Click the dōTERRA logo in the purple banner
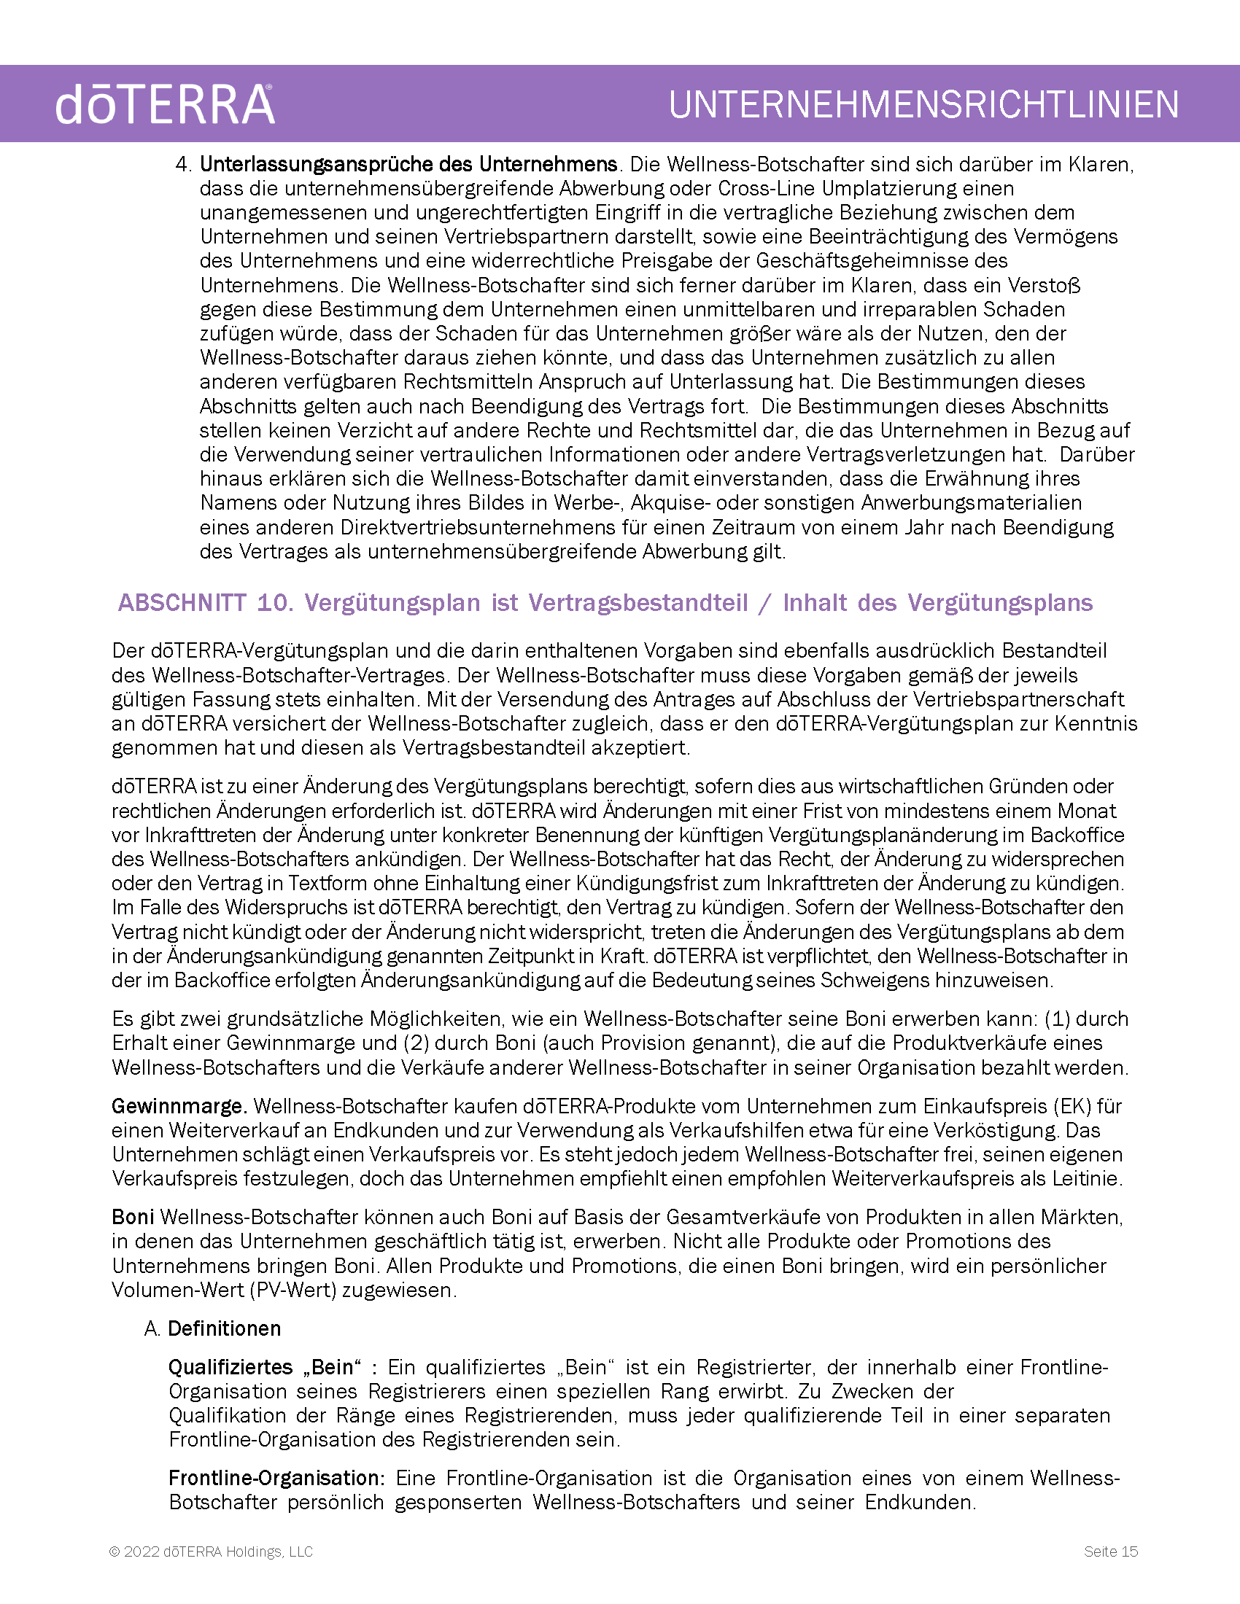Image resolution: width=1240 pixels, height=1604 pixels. pos(165,104)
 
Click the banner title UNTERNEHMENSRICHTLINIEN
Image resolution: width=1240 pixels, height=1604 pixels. pos(923,104)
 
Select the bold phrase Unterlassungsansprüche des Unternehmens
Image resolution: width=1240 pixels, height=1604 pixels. pos(408,164)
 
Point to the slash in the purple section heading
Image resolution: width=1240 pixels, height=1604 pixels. pos(765,604)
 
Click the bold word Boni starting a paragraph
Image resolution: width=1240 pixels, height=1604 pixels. pos(133,1217)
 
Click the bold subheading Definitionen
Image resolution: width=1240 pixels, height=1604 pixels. pos(224,1328)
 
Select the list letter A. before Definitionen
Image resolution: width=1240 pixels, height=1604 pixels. pos(152,1328)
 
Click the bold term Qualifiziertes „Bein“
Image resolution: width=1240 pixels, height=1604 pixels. pos(266,1367)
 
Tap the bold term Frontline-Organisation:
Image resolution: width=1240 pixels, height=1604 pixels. pos(277,1478)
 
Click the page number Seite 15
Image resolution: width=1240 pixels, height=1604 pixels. pos(1111,1551)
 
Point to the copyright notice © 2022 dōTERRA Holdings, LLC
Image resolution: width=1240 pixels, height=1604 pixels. pos(211,1551)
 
